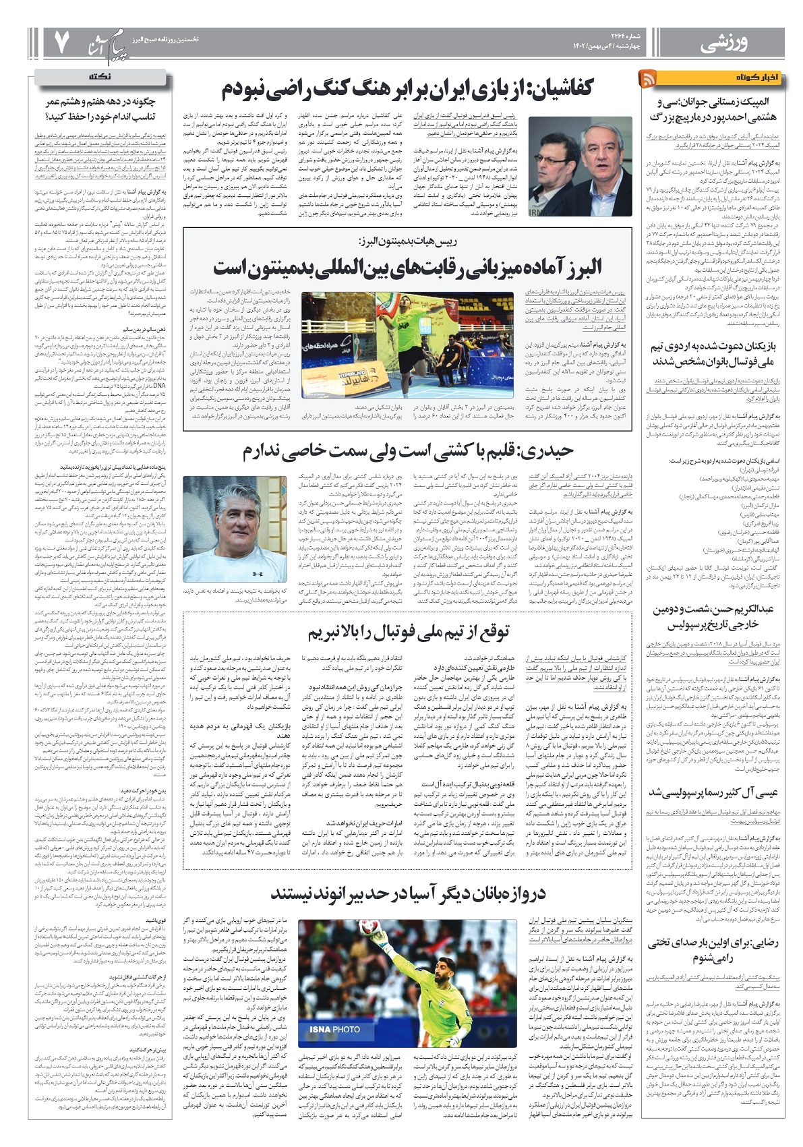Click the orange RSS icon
649,78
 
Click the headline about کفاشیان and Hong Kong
407,88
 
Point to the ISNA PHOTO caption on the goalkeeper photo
334,1029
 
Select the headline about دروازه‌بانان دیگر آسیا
407,894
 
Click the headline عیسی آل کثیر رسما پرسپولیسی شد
713,792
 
